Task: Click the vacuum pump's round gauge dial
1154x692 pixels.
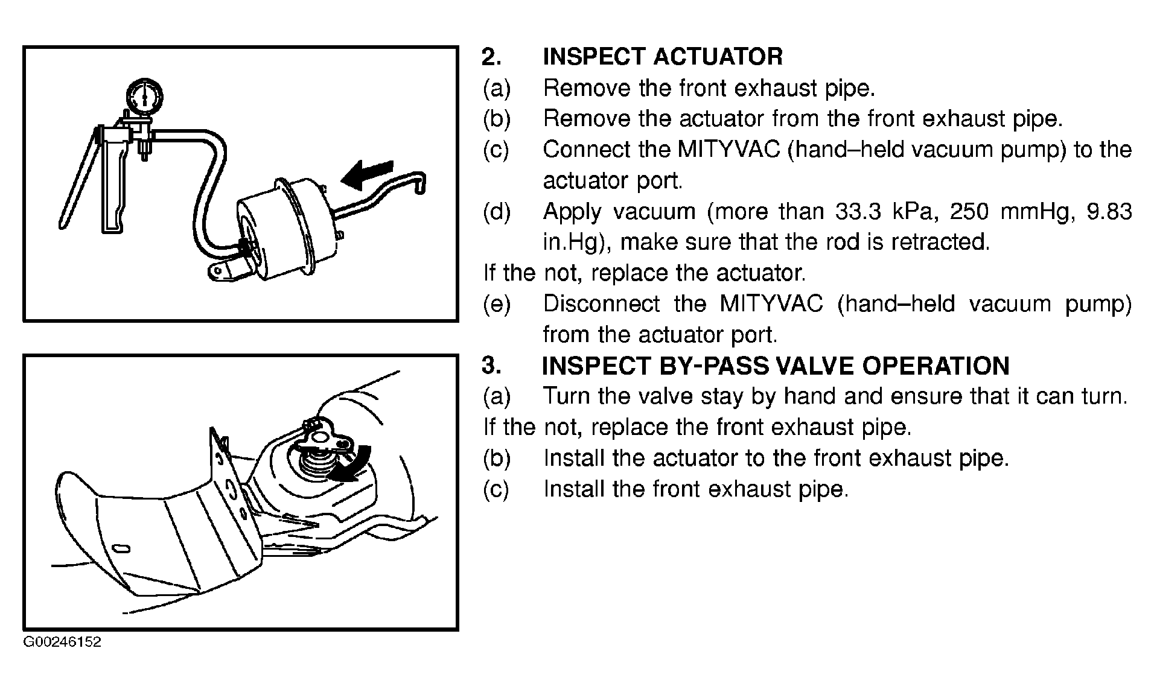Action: tap(145, 95)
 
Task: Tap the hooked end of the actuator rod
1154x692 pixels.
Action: tap(419, 183)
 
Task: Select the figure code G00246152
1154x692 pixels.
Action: tap(62, 642)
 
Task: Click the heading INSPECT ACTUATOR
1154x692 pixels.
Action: tap(663, 57)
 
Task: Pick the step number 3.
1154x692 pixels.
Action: tap(491, 366)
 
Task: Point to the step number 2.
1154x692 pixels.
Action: tap(491, 57)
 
